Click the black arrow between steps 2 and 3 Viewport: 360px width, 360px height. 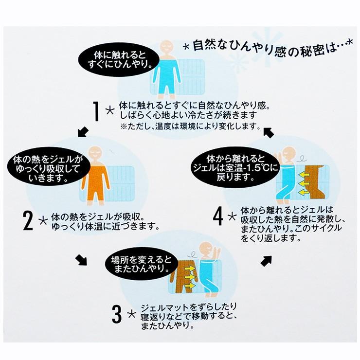[x=81, y=261]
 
